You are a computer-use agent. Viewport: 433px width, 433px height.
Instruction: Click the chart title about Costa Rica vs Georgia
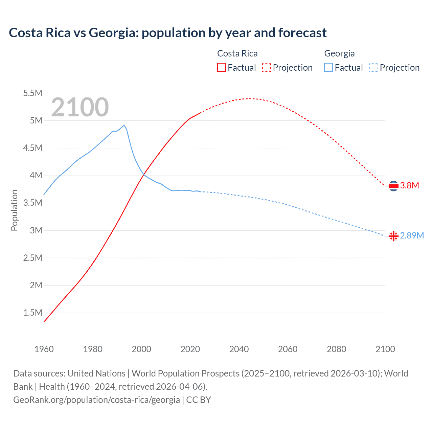pos(168,33)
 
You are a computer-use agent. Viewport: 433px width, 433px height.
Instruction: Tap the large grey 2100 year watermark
pos(80,107)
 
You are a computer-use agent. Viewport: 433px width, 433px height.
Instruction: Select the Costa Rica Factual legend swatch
pos(221,67)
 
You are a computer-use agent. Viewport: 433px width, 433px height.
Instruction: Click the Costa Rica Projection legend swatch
pos(267,67)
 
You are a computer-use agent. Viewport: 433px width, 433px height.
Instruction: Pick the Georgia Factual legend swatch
pos(328,67)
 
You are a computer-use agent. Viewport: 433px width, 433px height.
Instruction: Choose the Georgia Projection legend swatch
pos(373,67)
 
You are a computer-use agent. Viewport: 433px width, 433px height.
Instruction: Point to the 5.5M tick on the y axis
pos(32,93)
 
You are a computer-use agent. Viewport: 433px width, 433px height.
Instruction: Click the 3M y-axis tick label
pos(36,230)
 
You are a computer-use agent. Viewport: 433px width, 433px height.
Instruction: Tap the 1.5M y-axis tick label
pos(32,313)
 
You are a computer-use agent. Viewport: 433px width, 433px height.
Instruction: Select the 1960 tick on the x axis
pos(44,349)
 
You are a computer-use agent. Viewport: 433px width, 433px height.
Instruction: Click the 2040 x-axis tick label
pos(239,349)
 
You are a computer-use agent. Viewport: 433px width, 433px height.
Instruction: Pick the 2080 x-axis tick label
pos(336,349)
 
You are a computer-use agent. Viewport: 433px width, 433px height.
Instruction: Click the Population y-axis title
pos(14,210)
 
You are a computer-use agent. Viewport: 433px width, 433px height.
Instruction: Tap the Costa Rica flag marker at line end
pos(393,186)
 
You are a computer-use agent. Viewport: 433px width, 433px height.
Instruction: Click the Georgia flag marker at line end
pos(393,236)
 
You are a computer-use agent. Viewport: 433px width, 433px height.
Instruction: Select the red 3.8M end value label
pos(409,185)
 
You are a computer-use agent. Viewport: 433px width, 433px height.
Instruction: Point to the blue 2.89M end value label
pos(412,235)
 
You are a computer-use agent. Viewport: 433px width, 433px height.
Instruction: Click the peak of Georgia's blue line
pos(124,125)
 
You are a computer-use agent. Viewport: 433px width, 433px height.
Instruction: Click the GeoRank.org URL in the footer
pos(96,400)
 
